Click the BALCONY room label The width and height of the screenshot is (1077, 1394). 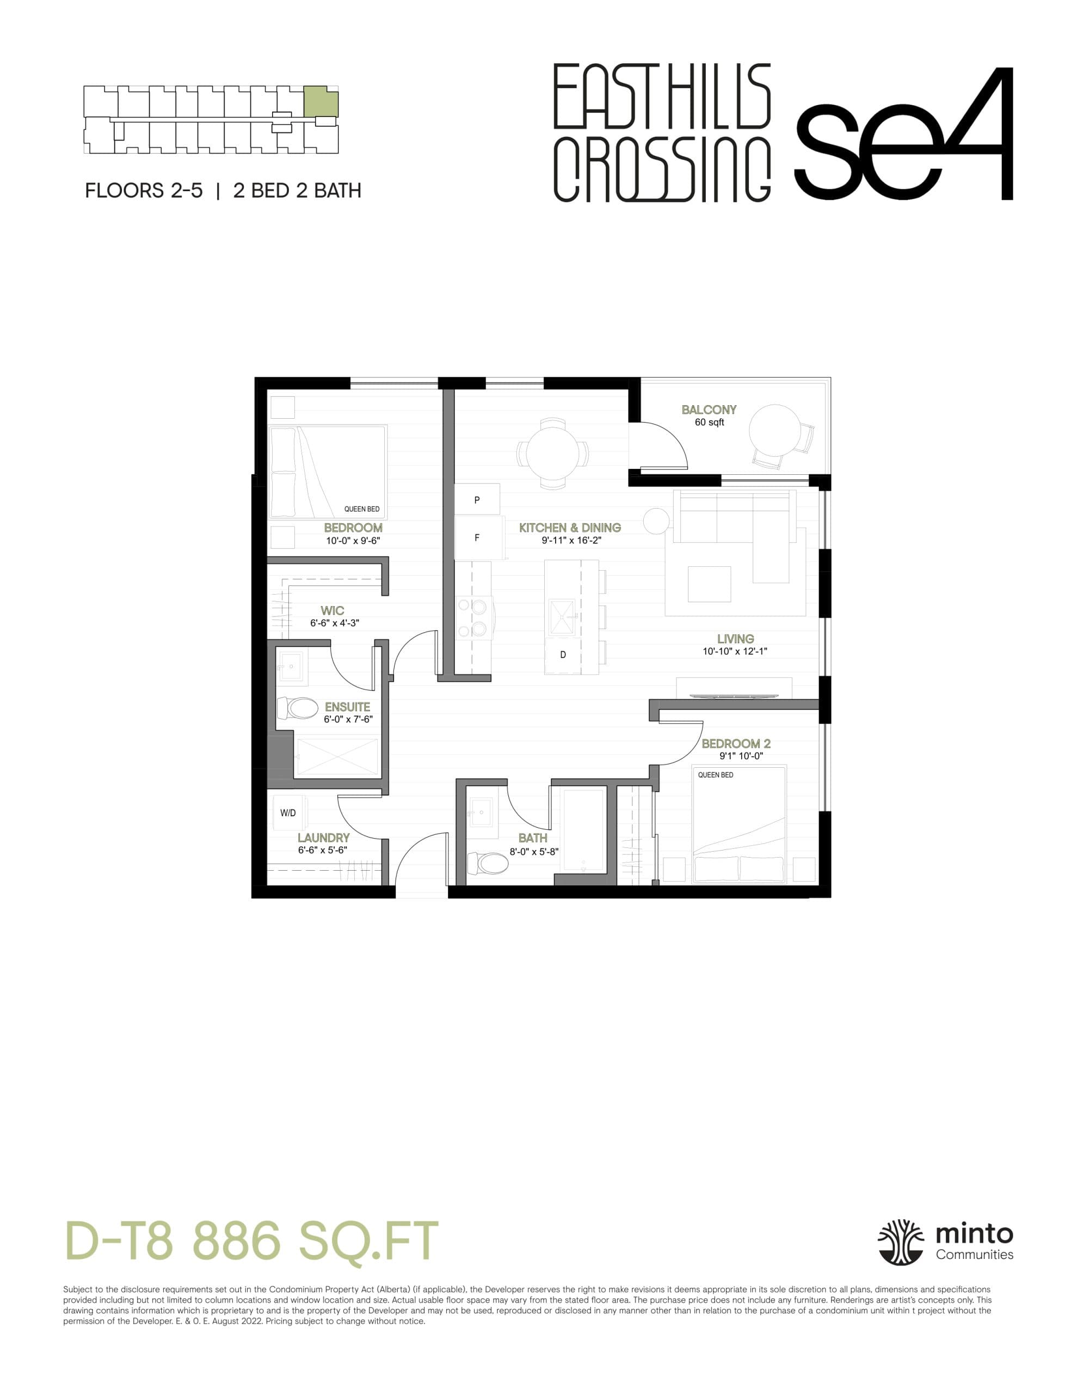[x=709, y=410]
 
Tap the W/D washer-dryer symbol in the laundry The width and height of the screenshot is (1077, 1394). [x=288, y=812]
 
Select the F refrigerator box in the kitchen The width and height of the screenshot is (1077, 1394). [x=477, y=538]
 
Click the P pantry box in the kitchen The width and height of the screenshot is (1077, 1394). [x=477, y=500]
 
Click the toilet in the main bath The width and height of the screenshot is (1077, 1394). [x=489, y=864]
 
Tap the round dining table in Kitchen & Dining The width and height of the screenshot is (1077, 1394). [x=552, y=454]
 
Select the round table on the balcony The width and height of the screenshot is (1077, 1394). [x=774, y=429]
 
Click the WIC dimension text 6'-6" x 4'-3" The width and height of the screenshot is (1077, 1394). [x=334, y=623]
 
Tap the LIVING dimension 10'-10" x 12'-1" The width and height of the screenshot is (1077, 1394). [x=735, y=652]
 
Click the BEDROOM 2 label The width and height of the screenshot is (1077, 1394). [x=736, y=744]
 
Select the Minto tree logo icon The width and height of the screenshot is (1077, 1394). [x=900, y=1242]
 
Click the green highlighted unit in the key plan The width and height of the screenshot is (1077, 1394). [x=321, y=101]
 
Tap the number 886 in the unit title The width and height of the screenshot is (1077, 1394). [x=237, y=1241]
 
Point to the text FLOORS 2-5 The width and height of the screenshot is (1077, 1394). [x=144, y=191]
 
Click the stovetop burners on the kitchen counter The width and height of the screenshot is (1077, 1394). [x=472, y=618]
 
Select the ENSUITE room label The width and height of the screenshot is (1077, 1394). [x=347, y=707]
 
